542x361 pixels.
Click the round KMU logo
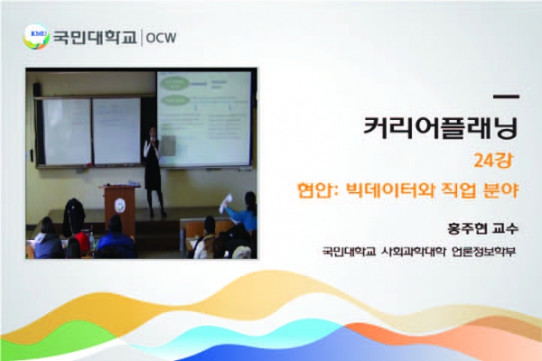(36, 37)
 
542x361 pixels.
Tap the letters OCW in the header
(161, 38)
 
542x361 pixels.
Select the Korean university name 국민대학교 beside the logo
(95, 37)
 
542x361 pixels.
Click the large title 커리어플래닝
(441, 128)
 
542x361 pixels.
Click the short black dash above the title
(506, 97)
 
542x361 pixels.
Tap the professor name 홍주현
(467, 228)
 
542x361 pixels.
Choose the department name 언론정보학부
(483, 251)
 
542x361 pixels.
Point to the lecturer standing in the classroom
(154, 171)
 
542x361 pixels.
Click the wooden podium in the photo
(119, 208)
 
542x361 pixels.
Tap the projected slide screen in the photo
(204, 119)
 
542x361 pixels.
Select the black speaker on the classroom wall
(37, 89)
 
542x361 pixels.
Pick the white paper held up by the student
(226, 203)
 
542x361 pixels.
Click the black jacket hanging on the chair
(74, 217)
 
